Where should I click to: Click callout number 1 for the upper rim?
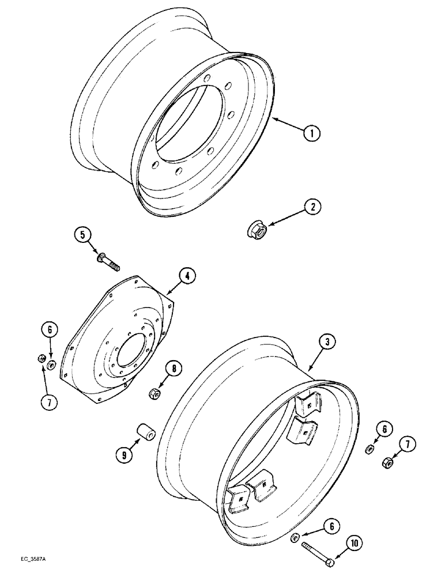coord(311,133)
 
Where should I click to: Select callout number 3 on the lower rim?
coord(326,343)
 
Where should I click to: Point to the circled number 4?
coord(186,276)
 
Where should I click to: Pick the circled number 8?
coord(172,368)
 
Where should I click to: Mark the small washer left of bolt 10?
coord(293,539)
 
